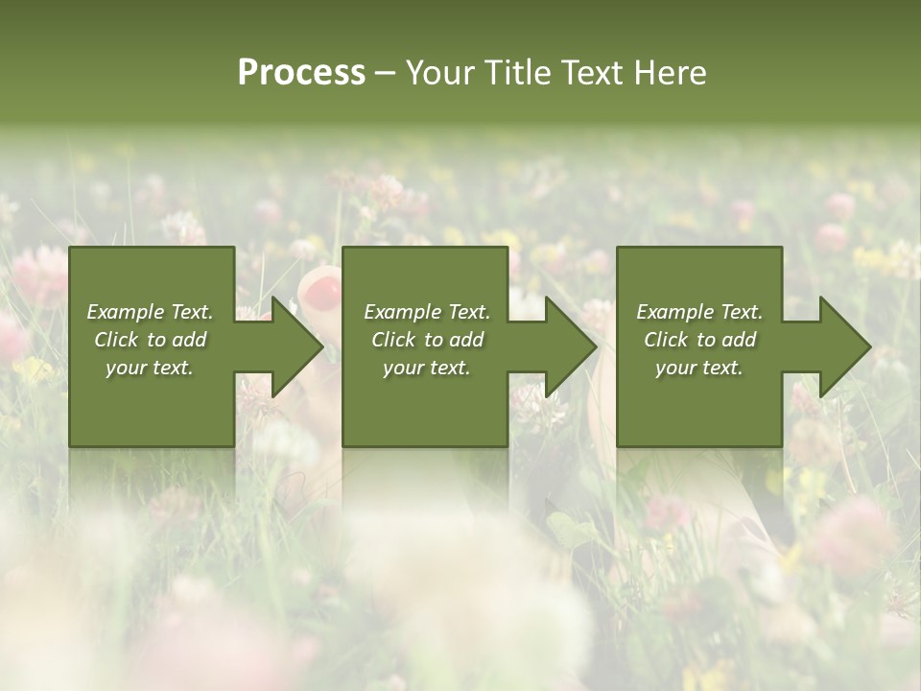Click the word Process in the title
301,73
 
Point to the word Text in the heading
593,73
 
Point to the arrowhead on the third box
843,346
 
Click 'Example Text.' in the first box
150,312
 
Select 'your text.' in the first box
150,368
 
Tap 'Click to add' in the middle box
427,340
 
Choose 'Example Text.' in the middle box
427,312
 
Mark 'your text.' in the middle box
427,368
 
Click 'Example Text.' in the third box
699,312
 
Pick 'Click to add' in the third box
699,340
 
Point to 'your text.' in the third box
699,368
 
